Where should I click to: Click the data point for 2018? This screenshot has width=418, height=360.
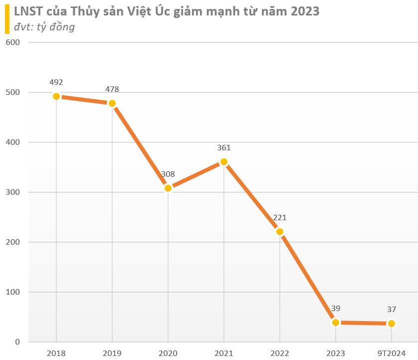point(56,96)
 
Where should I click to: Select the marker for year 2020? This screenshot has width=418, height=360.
point(168,188)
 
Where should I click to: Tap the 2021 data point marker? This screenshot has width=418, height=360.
point(224,162)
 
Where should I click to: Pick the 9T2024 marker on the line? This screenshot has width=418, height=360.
point(392,324)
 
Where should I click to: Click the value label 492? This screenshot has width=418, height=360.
point(56,82)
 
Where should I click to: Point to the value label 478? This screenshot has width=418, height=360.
point(112,89)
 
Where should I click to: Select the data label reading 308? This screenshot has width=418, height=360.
point(168,174)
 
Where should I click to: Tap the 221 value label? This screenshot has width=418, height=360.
point(280,218)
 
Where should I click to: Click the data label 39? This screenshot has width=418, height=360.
point(336,309)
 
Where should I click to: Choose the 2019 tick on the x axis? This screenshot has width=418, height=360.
point(112,353)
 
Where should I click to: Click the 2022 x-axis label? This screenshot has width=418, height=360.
point(280,353)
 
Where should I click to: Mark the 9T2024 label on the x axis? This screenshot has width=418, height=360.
point(392,353)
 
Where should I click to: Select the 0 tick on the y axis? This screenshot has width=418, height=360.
point(16,342)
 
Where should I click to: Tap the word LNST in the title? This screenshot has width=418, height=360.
point(28,11)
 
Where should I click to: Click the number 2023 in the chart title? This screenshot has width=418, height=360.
point(303,11)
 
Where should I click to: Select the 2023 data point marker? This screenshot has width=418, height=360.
point(336,323)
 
